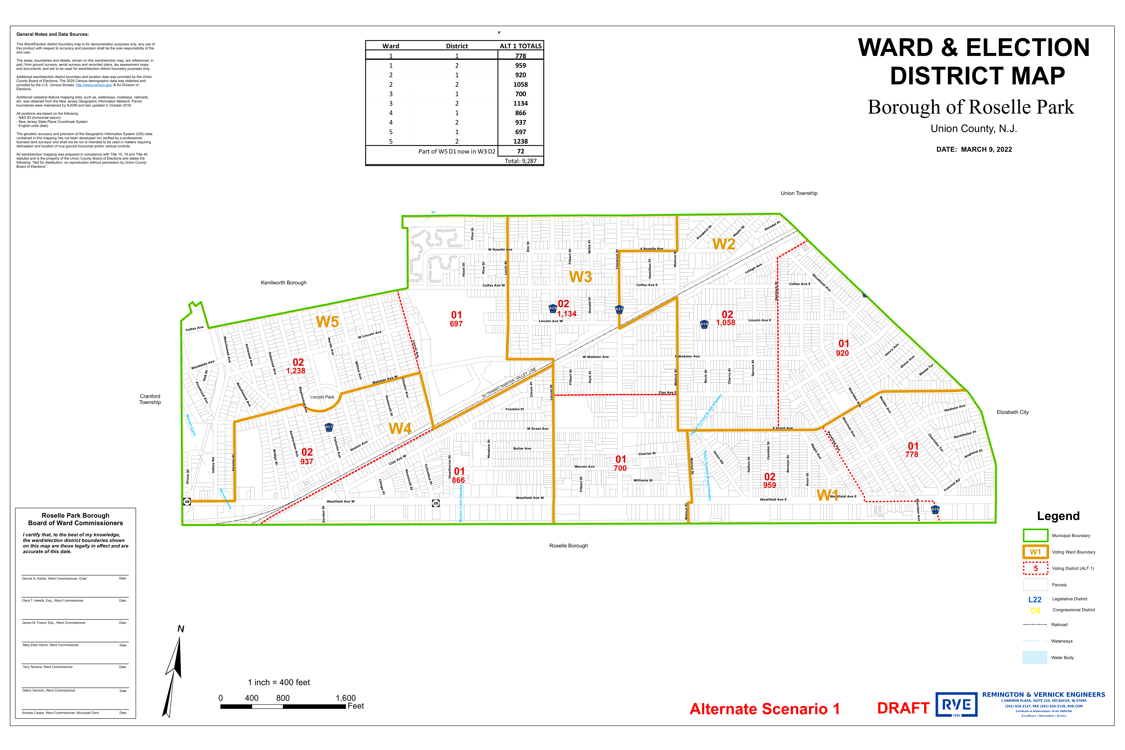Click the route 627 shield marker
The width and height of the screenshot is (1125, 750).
(619, 309)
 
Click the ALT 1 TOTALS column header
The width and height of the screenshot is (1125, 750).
(520, 46)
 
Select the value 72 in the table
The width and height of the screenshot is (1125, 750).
(520, 151)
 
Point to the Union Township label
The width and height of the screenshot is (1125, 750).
(799, 193)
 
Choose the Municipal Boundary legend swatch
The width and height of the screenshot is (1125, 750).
(1035, 535)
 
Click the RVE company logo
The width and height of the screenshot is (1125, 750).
(956, 705)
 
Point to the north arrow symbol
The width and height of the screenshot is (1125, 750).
(173, 674)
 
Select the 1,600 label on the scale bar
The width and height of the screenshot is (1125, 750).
(345, 698)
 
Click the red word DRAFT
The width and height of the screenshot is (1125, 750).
(903, 708)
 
